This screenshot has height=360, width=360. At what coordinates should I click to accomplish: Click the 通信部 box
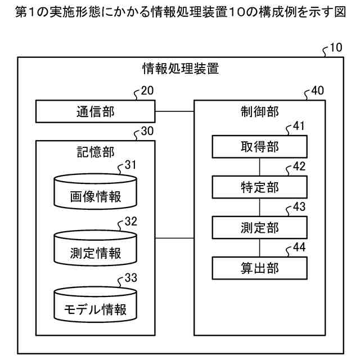pyautogui.click(x=96, y=111)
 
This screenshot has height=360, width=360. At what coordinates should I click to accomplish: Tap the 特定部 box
pyautogui.click(x=259, y=186)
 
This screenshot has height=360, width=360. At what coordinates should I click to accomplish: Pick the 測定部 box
pyautogui.click(x=259, y=227)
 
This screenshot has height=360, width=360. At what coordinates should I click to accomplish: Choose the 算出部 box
pyautogui.click(x=259, y=268)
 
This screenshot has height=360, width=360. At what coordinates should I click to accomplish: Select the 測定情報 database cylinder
pyautogui.click(x=96, y=249)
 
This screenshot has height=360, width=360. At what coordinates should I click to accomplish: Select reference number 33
pyautogui.click(x=130, y=278)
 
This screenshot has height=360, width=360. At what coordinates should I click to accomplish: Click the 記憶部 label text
pyautogui.click(x=95, y=151)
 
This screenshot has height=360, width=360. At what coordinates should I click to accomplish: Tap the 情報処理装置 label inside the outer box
pyautogui.click(x=181, y=69)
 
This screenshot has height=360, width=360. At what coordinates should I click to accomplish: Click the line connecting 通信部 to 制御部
pyautogui.click(x=174, y=111)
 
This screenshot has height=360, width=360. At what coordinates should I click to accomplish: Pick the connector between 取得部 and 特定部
pyautogui.click(x=259, y=167)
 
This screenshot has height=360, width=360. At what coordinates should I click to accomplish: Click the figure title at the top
pyautogui.click(x=180, y=12)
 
